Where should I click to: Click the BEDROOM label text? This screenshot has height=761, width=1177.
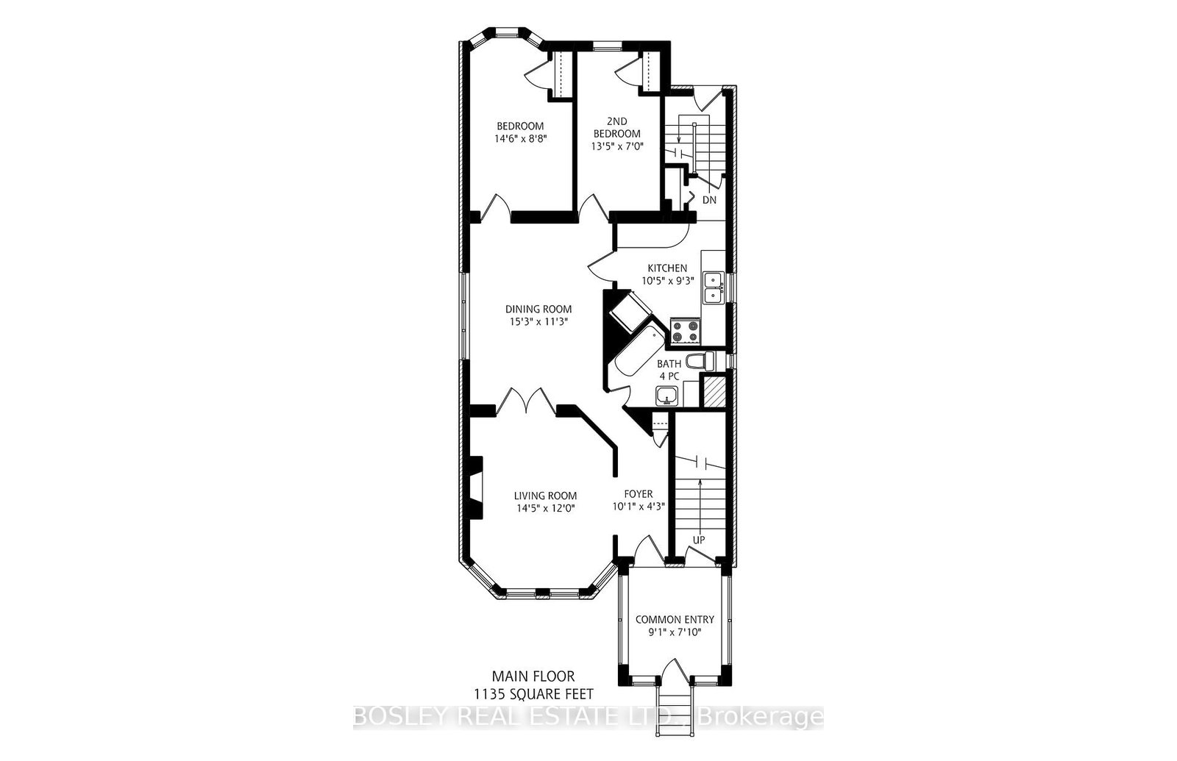519,126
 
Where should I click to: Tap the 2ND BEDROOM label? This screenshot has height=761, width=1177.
617,127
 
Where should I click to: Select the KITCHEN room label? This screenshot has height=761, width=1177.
666,268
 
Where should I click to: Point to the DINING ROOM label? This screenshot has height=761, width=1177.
538,310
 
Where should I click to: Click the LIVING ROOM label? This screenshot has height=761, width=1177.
545,496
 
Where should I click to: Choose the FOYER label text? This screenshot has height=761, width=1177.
638,494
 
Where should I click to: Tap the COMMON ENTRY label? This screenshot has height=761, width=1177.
674,620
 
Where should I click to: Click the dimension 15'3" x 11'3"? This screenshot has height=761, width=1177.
538,322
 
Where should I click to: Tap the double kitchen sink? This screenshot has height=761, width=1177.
713,287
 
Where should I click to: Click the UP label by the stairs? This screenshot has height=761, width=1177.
698,540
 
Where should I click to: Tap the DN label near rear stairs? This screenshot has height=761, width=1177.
708,200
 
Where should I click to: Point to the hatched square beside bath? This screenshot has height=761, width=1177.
713,390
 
